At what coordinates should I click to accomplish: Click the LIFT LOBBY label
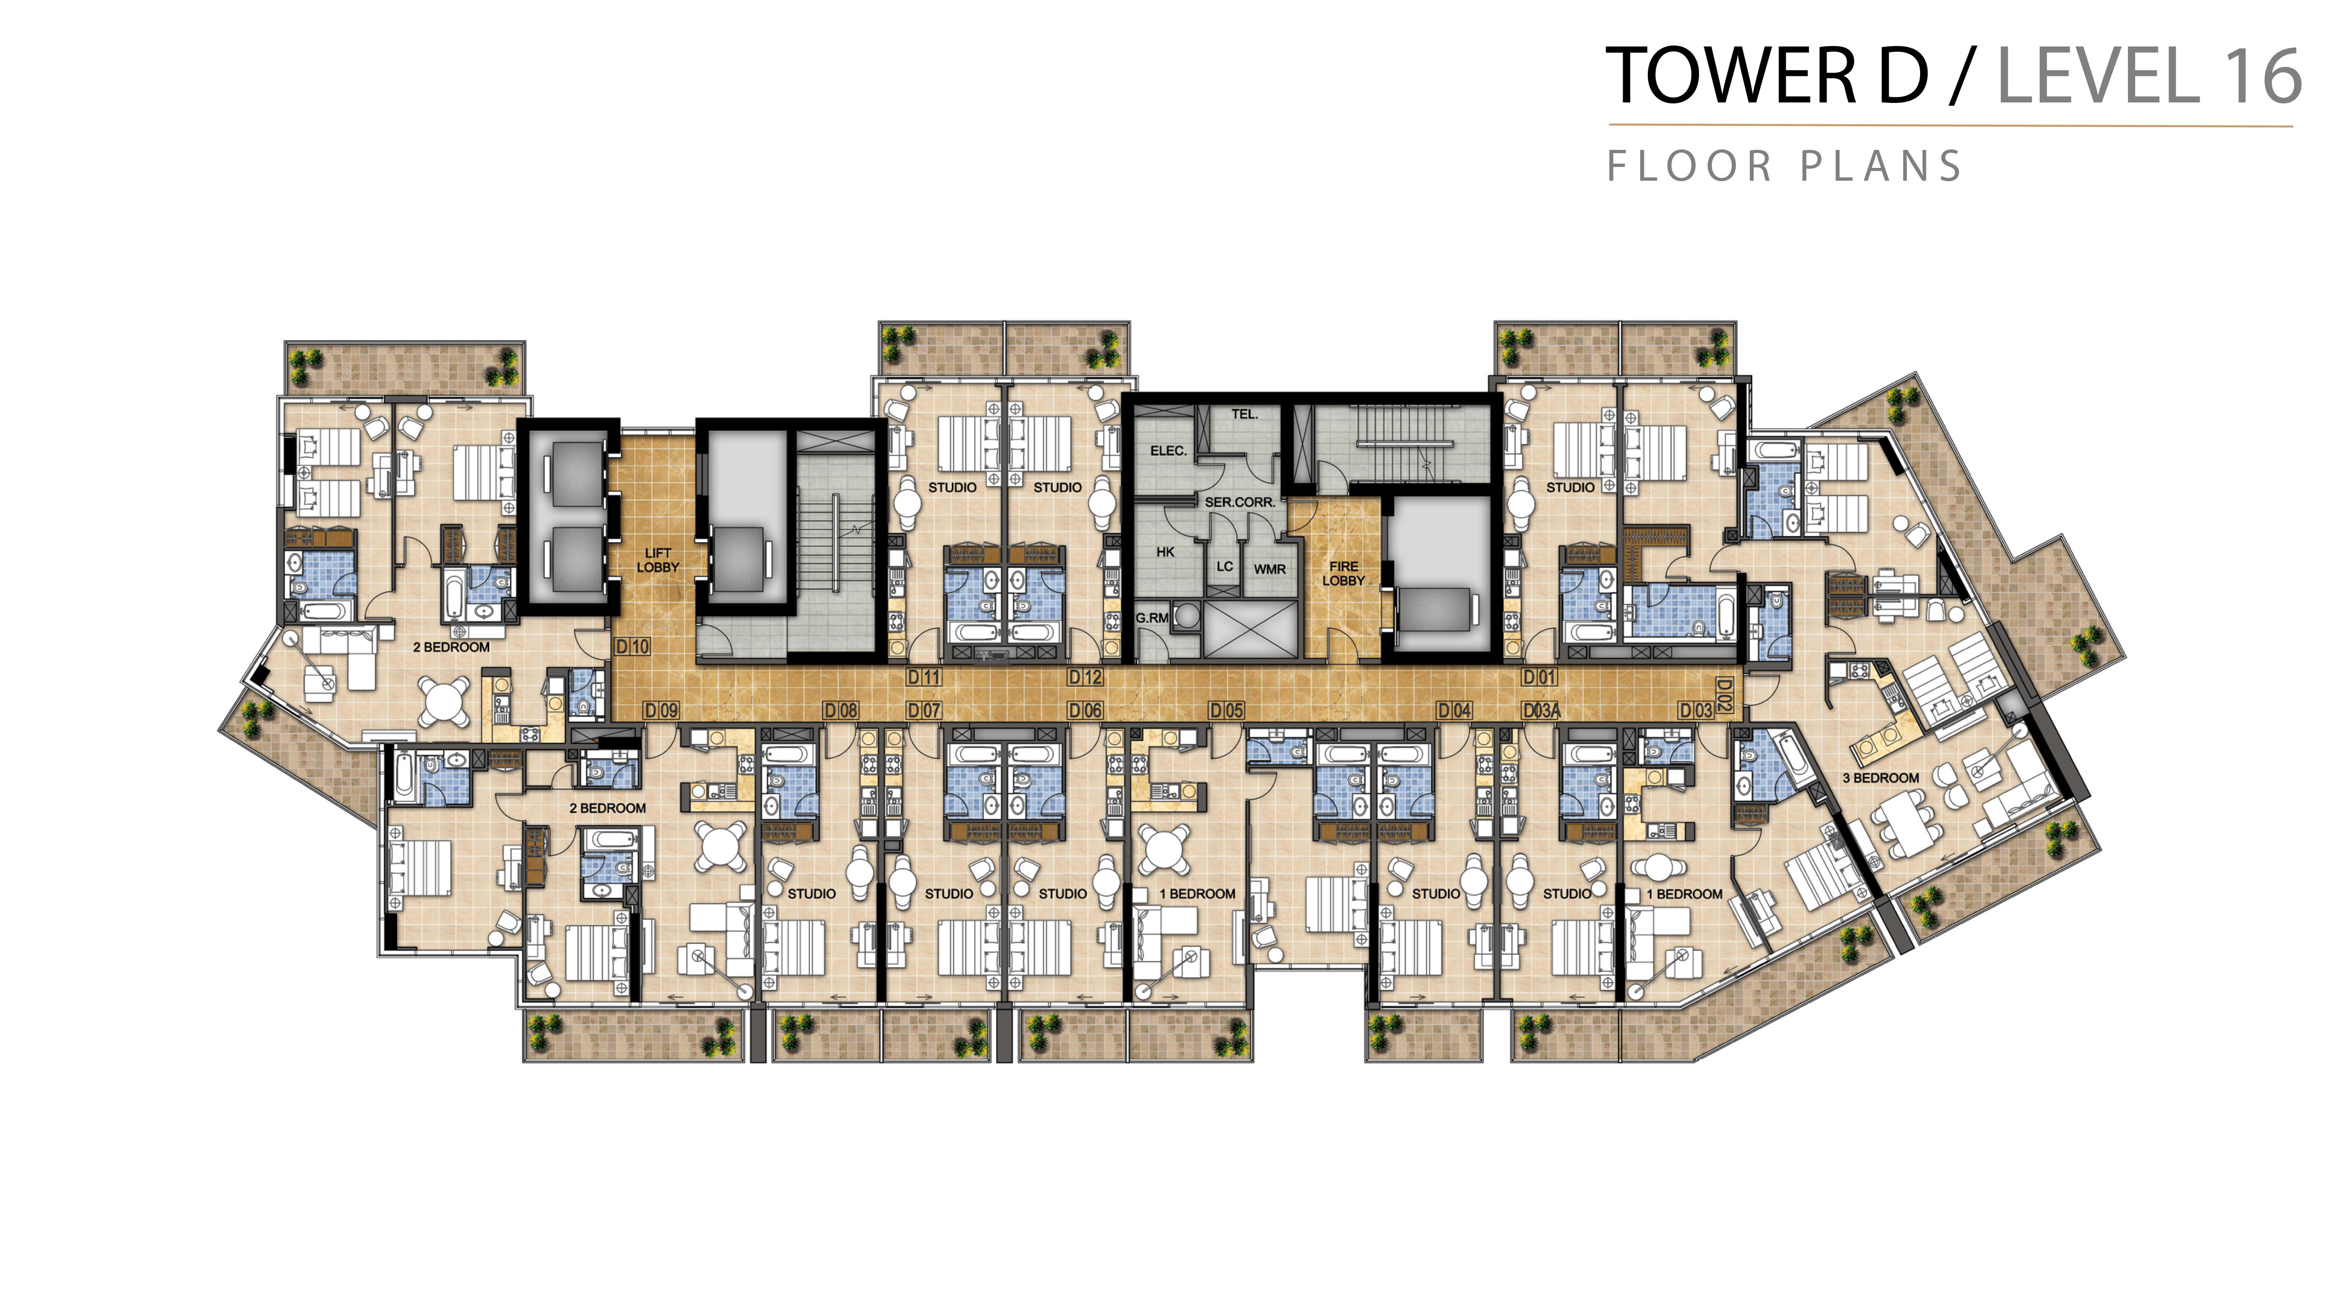click(658, 560)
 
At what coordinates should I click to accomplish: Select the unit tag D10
click(632, 647)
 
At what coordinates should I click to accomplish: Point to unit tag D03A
click(1541, 711)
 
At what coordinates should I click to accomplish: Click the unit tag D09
click(660, 711)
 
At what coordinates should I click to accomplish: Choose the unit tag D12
click(1085, 677)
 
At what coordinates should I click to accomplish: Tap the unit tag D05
click(1227, 711)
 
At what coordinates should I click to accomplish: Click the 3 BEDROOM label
click(1880, 778)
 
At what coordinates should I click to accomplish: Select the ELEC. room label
click(1168, 451)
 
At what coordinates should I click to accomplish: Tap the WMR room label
click(1270, 569)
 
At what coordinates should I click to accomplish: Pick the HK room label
click(1165, 552)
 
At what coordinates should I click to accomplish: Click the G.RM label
click(1152, 618)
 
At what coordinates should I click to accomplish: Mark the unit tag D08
click(841, 711)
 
